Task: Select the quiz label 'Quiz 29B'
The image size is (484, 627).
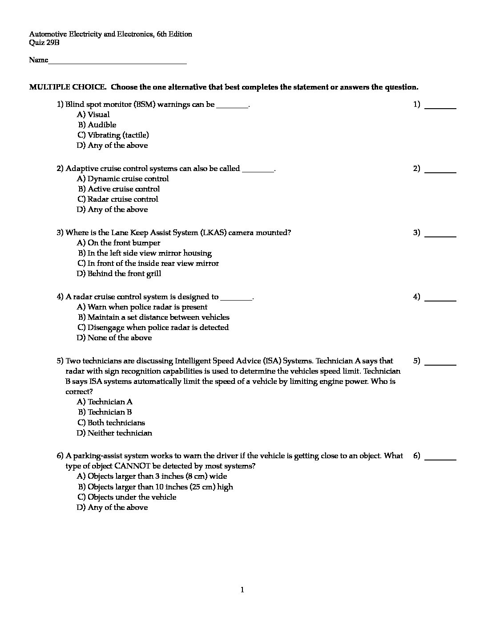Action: click(x=44, y=43)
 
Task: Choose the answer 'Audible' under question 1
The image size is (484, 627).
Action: click(x=102, y=125)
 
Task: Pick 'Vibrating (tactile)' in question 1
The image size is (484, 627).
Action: click(x=118, y=135)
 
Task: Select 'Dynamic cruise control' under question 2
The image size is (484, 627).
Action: click(x=128, y=179)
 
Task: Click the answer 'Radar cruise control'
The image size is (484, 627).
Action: click(x=123, y=199)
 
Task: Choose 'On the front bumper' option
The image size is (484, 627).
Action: click(x=124, y=243)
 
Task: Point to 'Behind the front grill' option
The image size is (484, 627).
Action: click(x=124, y=274)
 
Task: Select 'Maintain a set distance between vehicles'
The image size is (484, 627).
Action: click(x=158, y=318)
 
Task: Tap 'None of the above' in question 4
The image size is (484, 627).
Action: click(x=120, y=338)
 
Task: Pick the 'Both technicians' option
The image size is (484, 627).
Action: click(x=116, y=423)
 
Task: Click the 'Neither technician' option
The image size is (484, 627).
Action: click(x=120, y=433)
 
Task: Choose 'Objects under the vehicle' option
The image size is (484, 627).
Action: click(x=132, y=497)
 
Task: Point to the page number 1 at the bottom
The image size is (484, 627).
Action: click(x=242, y=590)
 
